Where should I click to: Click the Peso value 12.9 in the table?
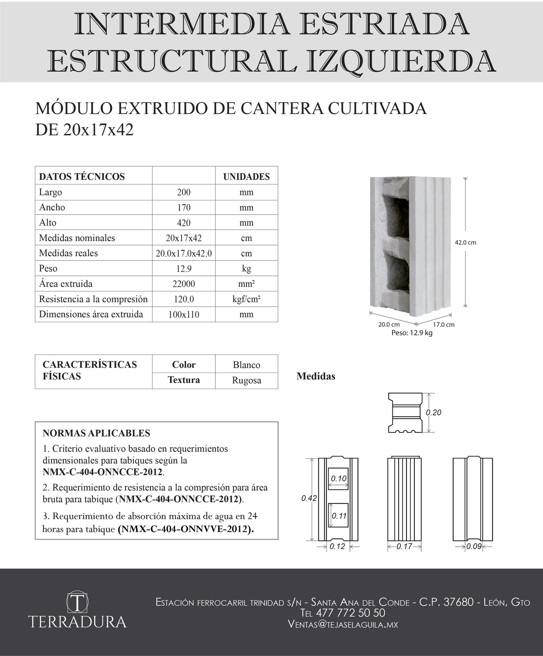pos(184,269)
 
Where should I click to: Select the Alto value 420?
pos(184,223)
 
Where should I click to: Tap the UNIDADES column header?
pos(247,177)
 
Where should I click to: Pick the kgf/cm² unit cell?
pos(247,299)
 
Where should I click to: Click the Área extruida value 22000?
pos(184,284)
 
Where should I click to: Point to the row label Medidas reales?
pos(68,253)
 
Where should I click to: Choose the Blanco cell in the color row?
pos(247,365)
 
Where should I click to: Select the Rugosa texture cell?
pos(247,380)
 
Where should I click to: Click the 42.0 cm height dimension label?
pos(466,243)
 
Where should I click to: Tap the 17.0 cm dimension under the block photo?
pos(444,324)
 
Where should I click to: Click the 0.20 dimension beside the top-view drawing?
pos(433,413)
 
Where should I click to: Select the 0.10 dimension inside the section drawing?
pos(338,479)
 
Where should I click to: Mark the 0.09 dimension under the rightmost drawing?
pos(474,547)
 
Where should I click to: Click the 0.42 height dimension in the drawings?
pos(309,498)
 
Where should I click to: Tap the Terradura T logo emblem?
pos(77,602)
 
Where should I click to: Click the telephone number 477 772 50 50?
pos(351,613)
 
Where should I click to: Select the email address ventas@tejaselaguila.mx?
pos(343,624)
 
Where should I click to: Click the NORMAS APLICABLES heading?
pos(96,433)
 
